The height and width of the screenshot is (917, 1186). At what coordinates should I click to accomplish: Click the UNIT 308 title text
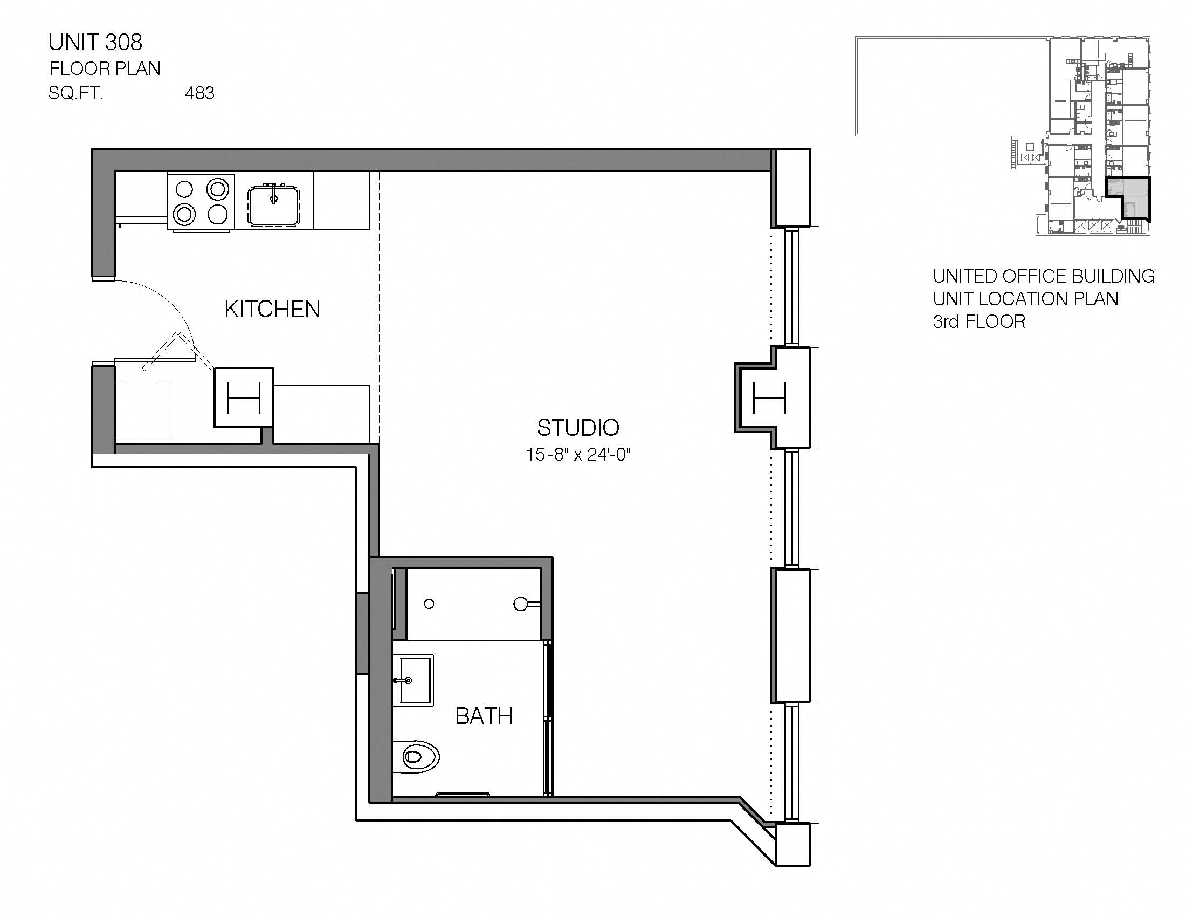tap(95, 43)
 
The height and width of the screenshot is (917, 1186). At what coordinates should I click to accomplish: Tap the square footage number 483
tap(199, 93)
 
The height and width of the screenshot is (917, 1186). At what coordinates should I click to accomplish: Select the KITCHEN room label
tap(272, 309)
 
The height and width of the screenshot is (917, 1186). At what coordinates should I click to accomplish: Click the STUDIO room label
tap(578, 428)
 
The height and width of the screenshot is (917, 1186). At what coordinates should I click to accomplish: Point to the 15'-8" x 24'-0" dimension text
tap(578, 454)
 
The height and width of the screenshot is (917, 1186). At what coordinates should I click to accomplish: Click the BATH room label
tap(484, 716)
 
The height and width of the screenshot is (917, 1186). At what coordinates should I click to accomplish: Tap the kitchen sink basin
tap(274, 205)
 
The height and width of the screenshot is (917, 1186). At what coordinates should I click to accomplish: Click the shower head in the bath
tap(521, 604)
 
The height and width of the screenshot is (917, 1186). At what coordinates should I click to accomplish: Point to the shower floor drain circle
tap(429, 604)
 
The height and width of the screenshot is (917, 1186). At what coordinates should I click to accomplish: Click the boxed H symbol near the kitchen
tap(243, 398)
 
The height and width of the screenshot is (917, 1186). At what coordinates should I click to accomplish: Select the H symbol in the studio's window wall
tap(769, 398)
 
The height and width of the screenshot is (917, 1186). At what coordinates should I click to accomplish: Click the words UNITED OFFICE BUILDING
tap(1043, 276)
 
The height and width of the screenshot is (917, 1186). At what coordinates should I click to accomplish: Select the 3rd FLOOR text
tap(978, 321)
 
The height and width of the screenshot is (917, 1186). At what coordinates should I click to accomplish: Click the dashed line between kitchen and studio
tap(379, 304)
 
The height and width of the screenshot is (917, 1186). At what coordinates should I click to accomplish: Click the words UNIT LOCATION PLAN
tap(1025, 299)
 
